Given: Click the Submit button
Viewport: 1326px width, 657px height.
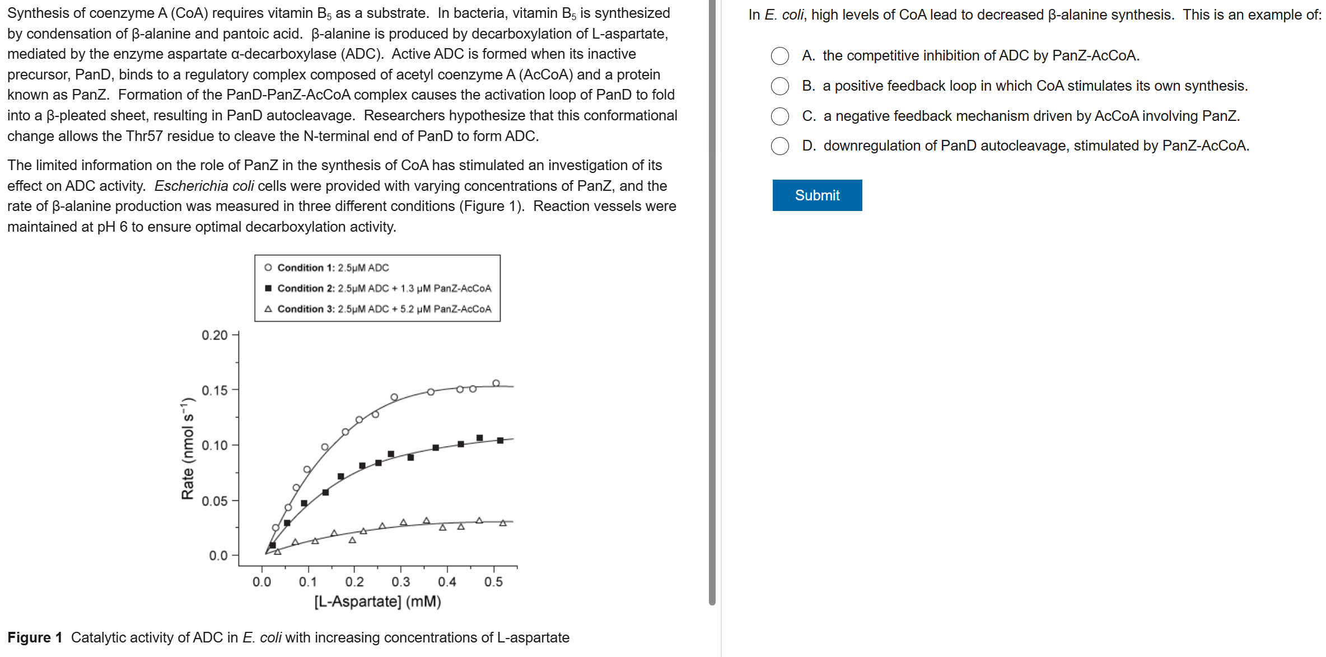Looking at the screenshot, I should click(x=817, y=195).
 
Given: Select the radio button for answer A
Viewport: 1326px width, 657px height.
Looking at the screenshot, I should click(x=780, y=56).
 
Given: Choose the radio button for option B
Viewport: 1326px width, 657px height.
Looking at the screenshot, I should click(x=780, y=86).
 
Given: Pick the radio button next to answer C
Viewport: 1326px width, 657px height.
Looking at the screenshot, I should click(x=780, y=116).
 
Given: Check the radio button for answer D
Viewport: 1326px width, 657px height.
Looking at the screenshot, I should click(x=780, y=146).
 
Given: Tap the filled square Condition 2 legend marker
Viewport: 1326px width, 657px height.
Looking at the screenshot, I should click(x=268, y=288).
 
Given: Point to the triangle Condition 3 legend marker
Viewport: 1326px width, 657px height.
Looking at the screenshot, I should click(x=268, y=309).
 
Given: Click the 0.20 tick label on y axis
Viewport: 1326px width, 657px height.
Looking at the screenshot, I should click(x=214, y=335).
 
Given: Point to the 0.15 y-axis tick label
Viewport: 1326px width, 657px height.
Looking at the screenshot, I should click(x=214, y=390).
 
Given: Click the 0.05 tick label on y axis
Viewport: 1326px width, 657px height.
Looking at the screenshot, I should click(x=214, y=501).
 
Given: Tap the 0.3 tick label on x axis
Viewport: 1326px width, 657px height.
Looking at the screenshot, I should click(x=400, y=582).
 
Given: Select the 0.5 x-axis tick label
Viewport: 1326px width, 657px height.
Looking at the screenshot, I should click(x=493, y=582).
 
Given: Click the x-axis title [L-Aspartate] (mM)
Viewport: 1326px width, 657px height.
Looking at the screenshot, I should click(x=377, y=602).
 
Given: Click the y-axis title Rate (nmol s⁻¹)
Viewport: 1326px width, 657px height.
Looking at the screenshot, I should click(x=188, y=449).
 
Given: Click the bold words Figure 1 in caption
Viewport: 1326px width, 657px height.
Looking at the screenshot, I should click(x=35, y=637).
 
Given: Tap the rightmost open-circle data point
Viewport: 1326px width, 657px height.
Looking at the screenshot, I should click(x=496, y=383).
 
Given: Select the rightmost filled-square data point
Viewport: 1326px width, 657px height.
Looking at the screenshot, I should click(x=500, y=440).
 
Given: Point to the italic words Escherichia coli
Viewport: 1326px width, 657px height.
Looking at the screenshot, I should click(x=204, y=186).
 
